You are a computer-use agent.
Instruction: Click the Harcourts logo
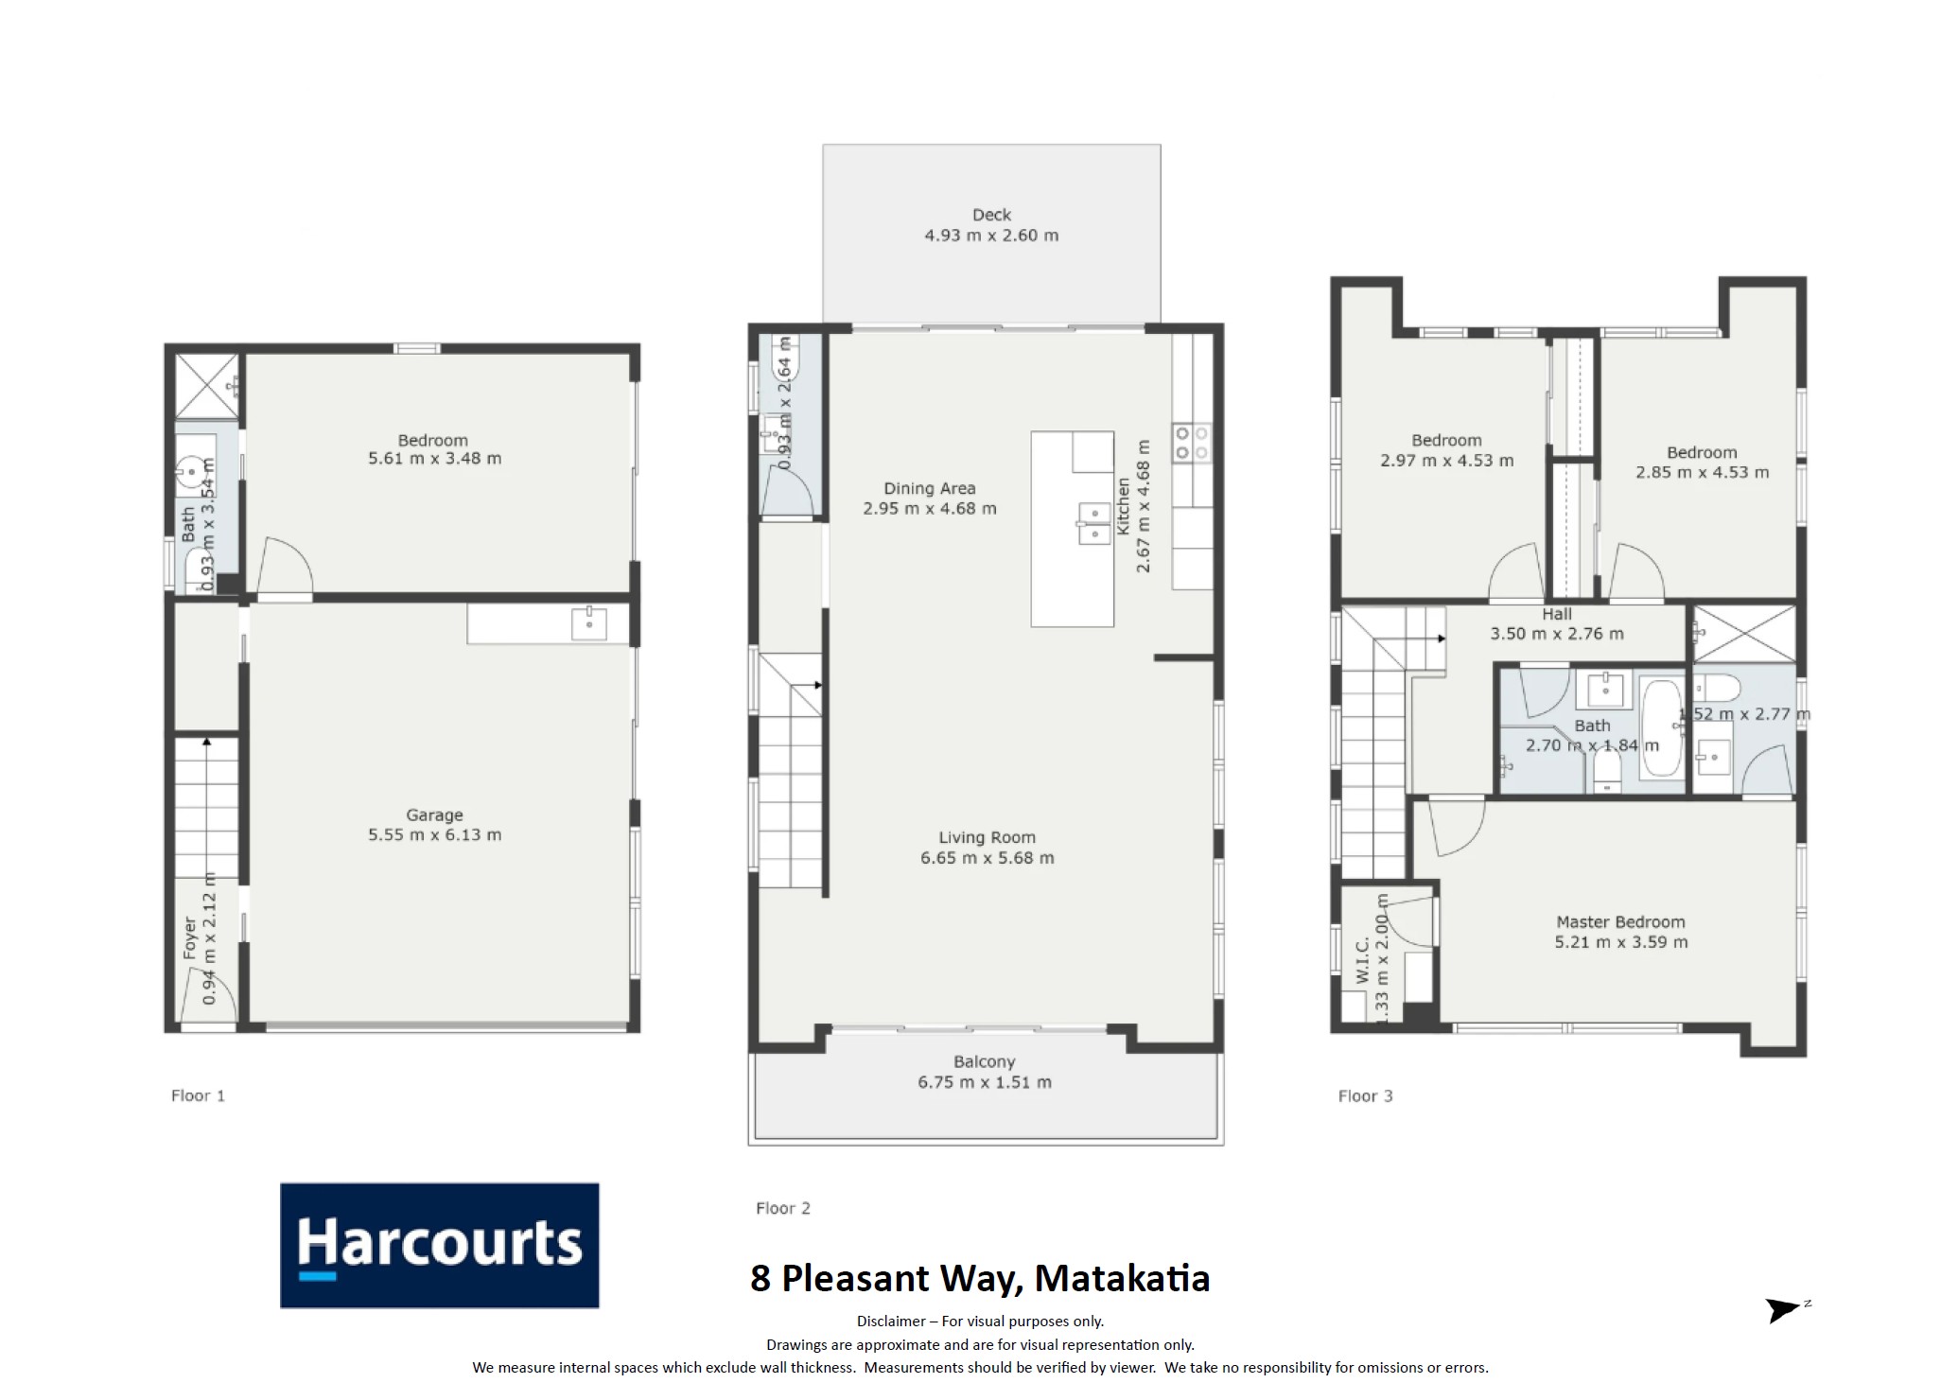(439, 1245)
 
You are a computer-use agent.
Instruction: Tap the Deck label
(991, 215)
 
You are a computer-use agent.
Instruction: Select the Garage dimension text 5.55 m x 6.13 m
(434, 834)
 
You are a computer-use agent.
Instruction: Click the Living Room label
(987, 837)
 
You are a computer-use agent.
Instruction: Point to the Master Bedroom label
(1620, 921)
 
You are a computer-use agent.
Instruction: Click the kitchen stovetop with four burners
(1192, 443)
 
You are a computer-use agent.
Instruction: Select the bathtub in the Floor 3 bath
(1660, 727)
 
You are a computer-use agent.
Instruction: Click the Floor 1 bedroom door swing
(285, 568)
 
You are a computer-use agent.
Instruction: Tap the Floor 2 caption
(782, 1208)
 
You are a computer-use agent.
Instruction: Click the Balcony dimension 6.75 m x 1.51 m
(985, 1082)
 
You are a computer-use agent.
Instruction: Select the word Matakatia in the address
(1122, 1278)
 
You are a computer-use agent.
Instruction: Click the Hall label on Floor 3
(1557, 614)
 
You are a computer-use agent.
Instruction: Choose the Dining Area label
(929, 488)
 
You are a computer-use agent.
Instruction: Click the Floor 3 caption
(1365, 1096)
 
